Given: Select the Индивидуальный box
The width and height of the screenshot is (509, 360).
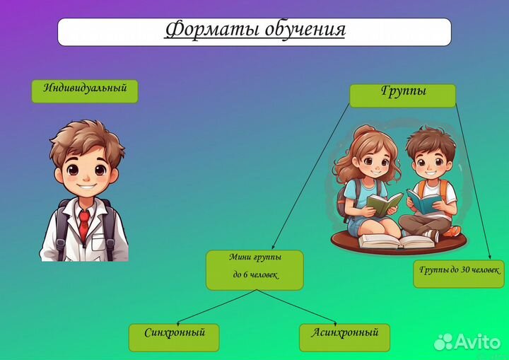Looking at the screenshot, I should point(85,91).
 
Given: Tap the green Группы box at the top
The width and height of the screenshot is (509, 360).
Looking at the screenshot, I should point(403,95).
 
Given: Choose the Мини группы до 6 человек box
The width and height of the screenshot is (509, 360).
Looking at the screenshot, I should point(255,269).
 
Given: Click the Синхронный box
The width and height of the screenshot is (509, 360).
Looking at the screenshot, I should point(174,337).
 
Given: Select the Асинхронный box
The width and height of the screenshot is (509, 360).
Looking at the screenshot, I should point(345,337).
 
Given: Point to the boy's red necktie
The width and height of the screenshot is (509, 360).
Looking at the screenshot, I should point(84,224).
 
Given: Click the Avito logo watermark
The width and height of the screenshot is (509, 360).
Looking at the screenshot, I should point(467,342).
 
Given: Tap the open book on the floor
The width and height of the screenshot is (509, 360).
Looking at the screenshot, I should point(396,241).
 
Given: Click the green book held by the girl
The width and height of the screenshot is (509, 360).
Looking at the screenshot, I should point(382,204).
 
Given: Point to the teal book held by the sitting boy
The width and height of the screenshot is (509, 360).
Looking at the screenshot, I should point(426,203).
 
